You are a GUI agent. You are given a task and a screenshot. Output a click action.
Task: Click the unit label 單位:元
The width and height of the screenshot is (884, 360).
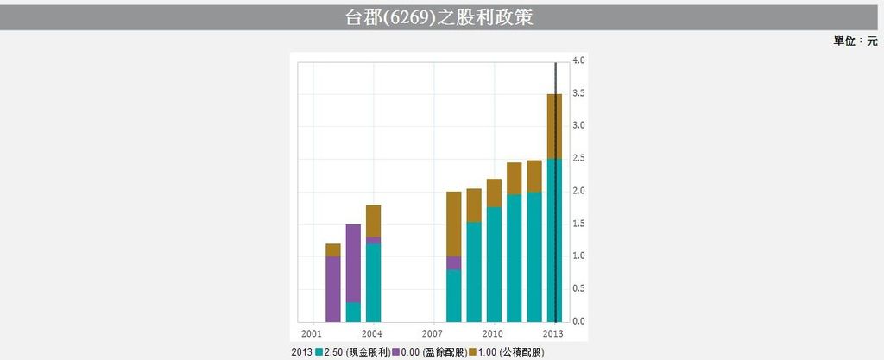pos(855,41)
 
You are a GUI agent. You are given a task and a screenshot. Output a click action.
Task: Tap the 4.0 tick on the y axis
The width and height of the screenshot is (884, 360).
pos(578,60)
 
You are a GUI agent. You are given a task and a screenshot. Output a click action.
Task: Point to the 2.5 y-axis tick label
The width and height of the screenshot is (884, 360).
pos(578,159)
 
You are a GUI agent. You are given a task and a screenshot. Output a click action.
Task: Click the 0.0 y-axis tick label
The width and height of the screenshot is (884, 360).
pos(578,321)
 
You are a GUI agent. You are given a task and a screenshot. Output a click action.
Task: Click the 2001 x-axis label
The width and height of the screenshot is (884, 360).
pos(312,333)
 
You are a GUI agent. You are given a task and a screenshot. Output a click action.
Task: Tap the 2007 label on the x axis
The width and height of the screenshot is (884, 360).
pos(433,333)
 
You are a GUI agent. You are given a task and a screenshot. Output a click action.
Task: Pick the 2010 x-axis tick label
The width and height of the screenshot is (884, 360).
pos(493,333)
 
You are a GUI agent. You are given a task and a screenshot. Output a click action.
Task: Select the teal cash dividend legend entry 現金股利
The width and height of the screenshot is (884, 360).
pos(353,352)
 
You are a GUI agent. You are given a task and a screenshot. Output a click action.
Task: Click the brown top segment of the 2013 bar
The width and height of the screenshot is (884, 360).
pos(554,126)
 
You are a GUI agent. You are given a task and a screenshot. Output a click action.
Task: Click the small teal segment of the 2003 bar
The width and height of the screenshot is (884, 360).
pos(353,312)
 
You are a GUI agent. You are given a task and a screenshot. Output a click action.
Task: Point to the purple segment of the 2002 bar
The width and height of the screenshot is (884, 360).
pos(333,288)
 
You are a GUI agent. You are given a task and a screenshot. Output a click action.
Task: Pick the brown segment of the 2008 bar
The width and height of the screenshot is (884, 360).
pos(453,224)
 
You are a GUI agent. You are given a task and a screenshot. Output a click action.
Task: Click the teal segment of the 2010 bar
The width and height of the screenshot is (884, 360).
pos(494,264)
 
